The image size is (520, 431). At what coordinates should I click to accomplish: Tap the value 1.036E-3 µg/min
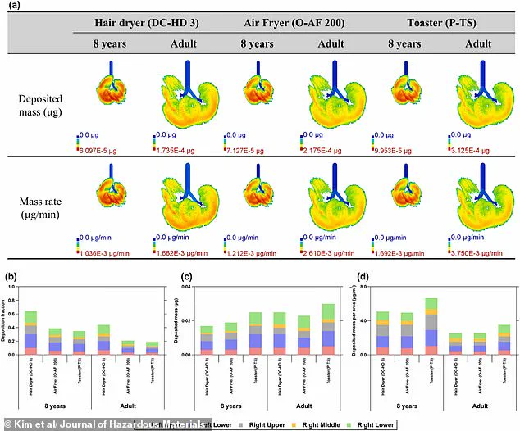coord(107,243)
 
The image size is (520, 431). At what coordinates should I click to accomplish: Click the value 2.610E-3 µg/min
coord(333,243)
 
